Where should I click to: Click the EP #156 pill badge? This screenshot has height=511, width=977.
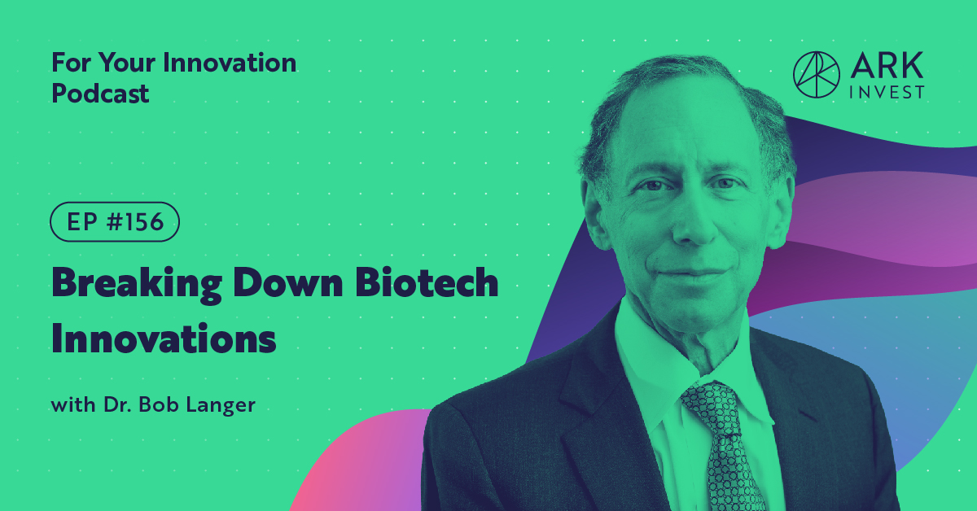(114, 222)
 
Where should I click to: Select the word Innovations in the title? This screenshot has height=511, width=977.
(164, 338)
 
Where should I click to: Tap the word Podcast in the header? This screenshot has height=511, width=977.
(100, 94)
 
